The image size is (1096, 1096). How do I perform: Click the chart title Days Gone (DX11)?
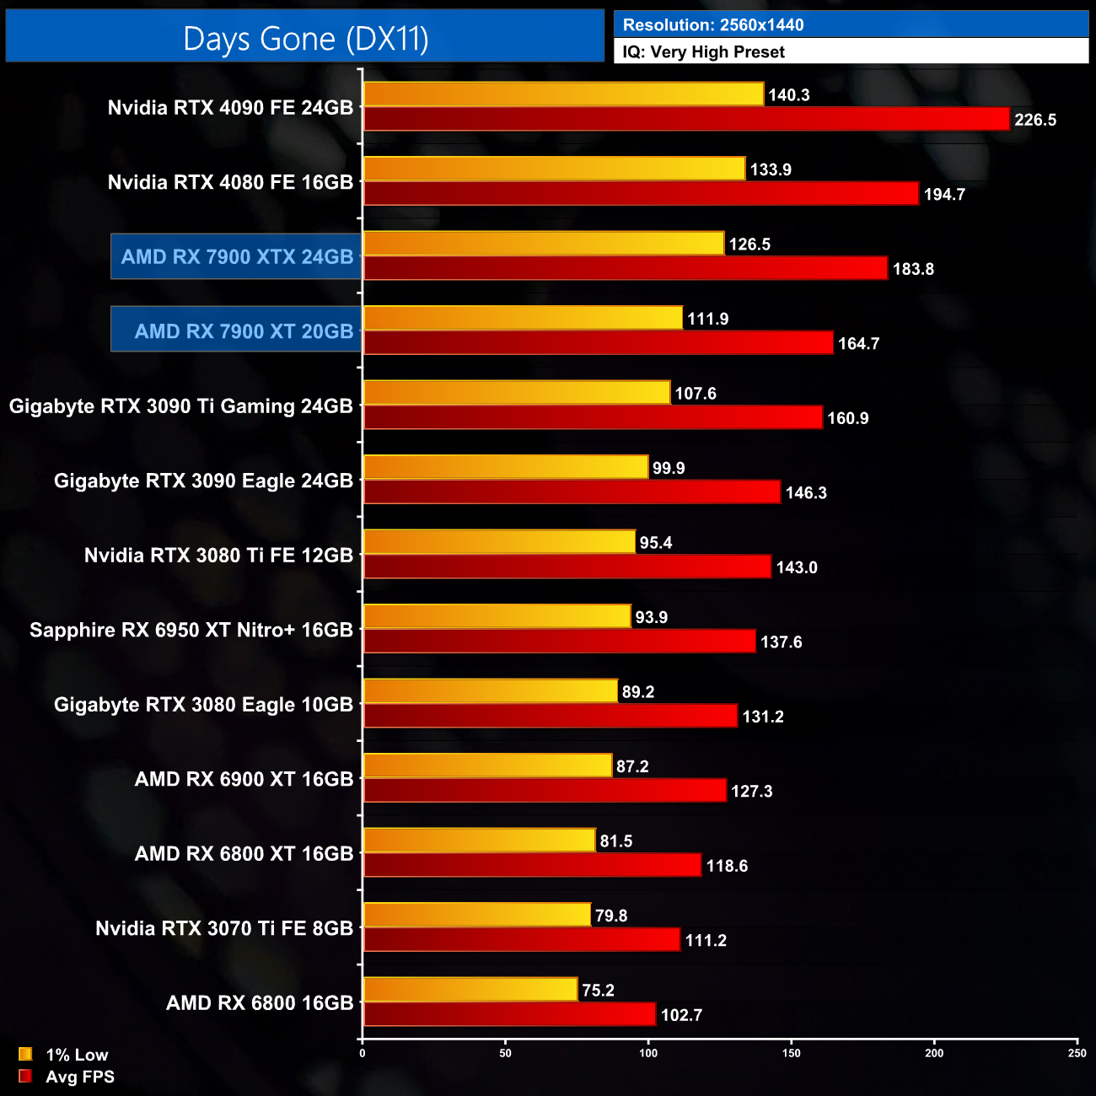305,39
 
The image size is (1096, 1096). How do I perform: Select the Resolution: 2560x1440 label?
712,25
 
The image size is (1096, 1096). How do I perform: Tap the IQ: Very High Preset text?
703,52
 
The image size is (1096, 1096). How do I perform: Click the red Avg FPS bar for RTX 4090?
686,119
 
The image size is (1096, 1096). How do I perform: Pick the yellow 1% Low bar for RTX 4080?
554,169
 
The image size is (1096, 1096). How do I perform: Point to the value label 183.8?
913,269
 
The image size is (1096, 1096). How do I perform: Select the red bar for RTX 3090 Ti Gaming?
593,417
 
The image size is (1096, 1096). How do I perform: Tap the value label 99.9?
669,468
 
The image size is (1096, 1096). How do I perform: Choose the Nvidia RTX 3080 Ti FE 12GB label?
218,556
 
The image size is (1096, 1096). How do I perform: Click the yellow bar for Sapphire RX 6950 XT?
497,616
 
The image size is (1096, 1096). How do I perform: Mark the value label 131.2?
763,717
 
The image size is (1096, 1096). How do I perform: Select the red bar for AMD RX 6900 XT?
545,791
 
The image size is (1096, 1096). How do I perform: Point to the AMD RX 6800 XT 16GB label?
244,854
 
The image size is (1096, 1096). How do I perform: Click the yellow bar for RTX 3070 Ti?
476,915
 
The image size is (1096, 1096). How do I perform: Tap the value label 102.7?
681,1015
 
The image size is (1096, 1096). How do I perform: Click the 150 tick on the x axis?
792,1053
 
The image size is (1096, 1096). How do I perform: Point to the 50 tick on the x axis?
505,1053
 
